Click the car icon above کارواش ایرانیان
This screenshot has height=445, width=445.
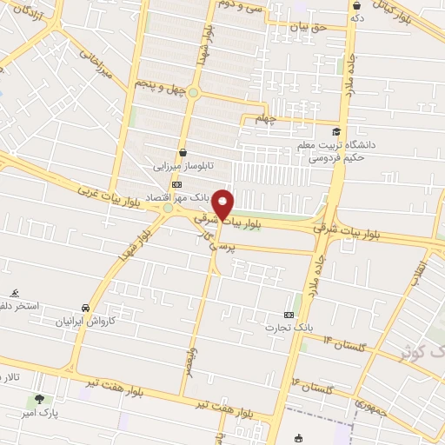(x=85, y=309)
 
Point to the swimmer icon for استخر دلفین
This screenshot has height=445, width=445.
(x=15, y=294)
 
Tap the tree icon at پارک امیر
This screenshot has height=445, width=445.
(x=38, y=401)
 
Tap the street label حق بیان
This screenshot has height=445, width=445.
(x=309, y=27)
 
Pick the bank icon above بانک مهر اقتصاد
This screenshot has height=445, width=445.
(x=176, y=185)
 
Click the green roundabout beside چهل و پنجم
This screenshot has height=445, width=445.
(x=193, y=92)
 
